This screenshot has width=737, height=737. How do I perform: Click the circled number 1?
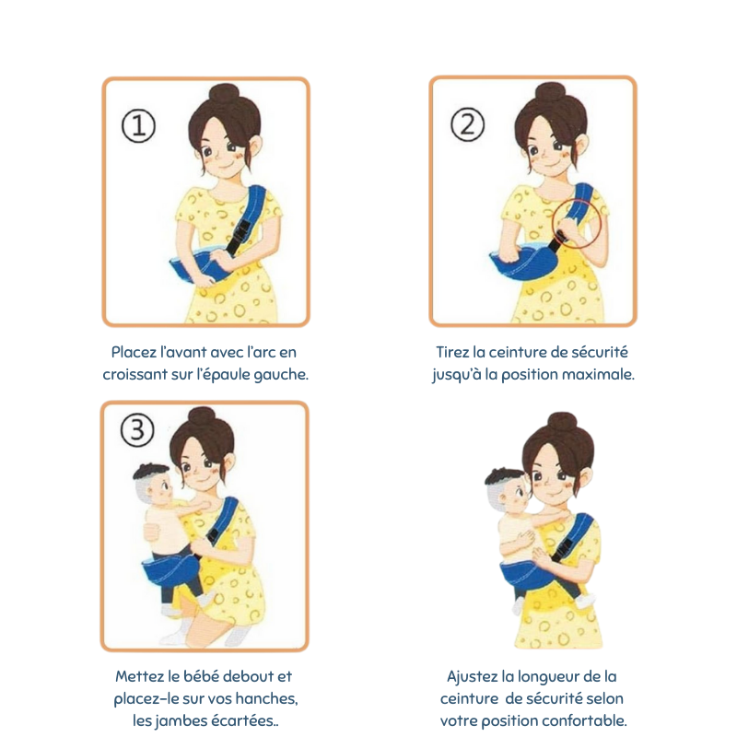click(138, 125)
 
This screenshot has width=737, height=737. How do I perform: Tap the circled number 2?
click(467, 124)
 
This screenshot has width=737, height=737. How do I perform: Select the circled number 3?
click(137, 429)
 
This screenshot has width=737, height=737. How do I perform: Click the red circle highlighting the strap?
click(577, 223)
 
